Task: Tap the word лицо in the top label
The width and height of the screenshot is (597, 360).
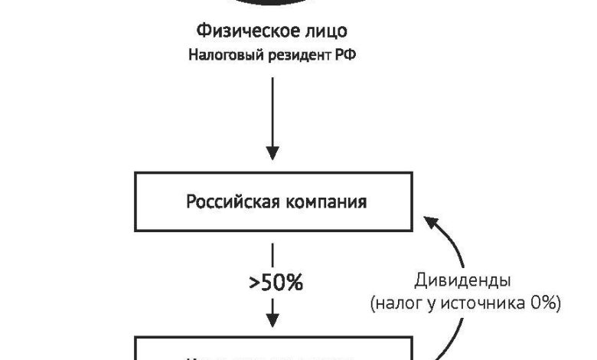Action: tap(327, 31)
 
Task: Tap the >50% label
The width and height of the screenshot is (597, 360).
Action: tap(276, 283)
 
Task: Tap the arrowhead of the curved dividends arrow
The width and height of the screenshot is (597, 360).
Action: tap(432, 222)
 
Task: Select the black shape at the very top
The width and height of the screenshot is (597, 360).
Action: tap(272, 3)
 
